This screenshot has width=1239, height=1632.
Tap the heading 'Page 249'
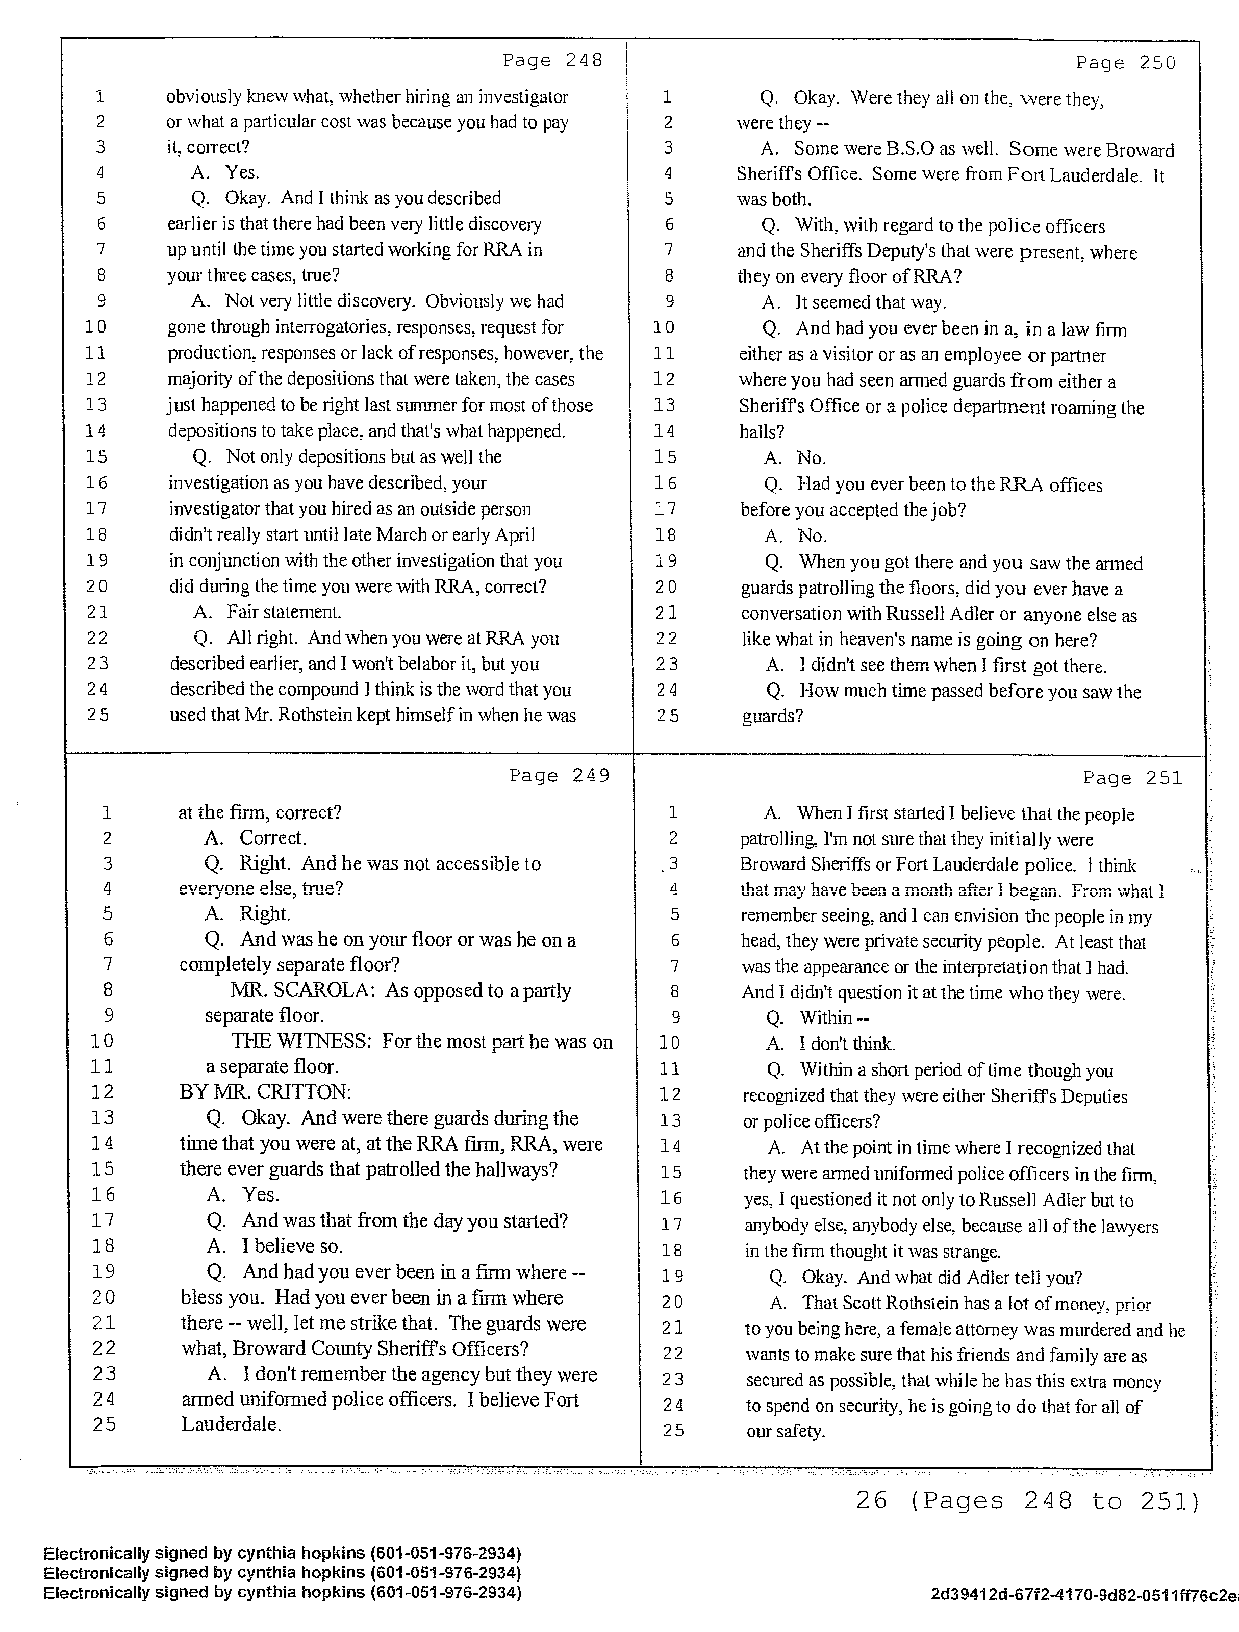pyautogui.click(x=560, y=775)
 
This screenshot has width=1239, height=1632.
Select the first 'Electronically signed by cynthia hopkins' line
pyautogui.click(x=282, y=1553)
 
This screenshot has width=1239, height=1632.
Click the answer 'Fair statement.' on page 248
pyautogui.click(x=284, y=611)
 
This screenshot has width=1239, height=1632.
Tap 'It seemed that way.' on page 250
pyautogui.click(x=870, y=302)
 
